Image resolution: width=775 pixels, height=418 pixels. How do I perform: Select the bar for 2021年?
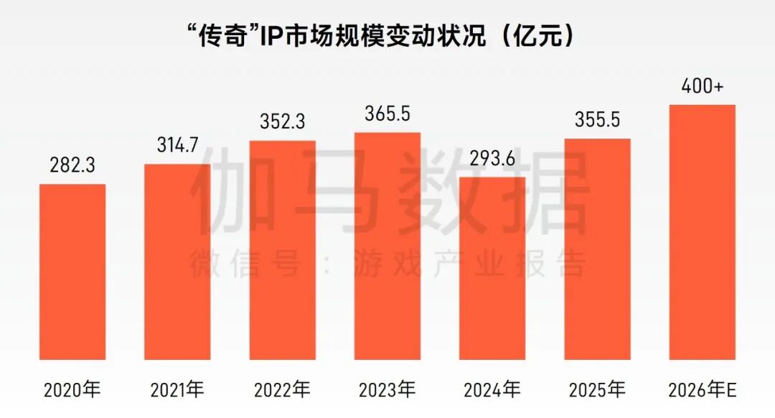pos(177,261)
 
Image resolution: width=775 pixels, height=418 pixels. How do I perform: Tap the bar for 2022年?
pos(283,249)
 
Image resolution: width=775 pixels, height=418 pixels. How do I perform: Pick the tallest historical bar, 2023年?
pos(387,246)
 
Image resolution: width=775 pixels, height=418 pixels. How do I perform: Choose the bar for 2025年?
pos(597,249)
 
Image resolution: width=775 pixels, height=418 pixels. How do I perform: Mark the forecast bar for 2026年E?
pos(702,232)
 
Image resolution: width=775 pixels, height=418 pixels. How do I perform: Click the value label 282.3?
pos(72,167)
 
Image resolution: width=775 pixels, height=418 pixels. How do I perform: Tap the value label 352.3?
pos(283,123)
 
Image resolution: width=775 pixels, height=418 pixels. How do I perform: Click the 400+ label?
pos(702,88)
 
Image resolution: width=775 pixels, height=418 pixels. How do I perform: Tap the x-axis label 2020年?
pos(72,390)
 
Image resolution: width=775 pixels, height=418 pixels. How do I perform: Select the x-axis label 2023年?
pos(387,390)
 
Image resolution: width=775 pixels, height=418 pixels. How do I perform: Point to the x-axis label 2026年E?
pos(702,390)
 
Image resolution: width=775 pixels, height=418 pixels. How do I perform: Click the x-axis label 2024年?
pos(492,390)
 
